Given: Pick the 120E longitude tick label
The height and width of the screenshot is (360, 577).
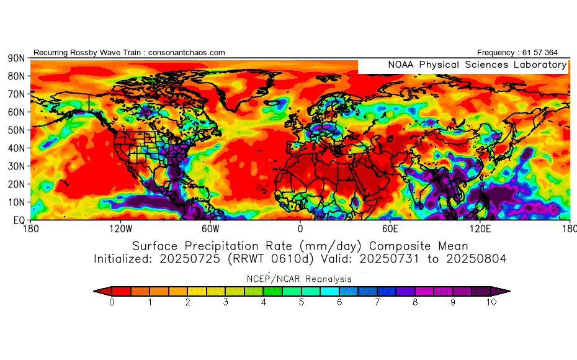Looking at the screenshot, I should (481, 228).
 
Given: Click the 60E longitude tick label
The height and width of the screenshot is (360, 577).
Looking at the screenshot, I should (391, 228).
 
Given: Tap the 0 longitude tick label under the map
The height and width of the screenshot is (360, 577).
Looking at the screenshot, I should (300, 228).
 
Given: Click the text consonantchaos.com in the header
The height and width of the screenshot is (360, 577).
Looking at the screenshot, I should (187, 53).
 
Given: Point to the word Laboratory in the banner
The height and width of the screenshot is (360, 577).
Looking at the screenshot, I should (539, 65).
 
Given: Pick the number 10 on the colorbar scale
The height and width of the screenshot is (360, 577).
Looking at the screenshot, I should (491, 302).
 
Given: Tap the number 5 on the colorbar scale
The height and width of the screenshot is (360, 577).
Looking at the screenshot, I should (302, 302).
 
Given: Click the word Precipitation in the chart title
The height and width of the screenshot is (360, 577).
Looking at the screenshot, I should (238, 245).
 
